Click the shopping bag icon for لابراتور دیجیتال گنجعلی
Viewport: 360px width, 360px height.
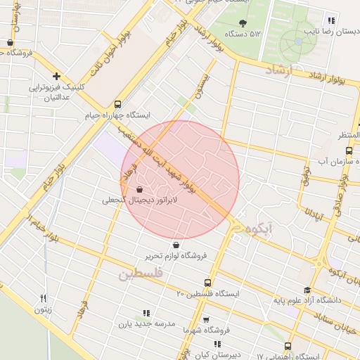(140, 189)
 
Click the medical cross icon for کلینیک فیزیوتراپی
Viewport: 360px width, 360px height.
(56, 76)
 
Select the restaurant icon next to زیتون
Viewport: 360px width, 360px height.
(43, 298)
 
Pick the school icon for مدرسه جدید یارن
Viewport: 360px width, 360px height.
(146, 313)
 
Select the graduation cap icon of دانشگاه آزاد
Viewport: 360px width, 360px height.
(307, 290)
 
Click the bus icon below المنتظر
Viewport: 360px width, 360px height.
(349, 150)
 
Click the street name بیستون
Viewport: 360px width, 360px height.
(203, 84)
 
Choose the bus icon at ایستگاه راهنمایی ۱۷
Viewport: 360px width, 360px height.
(287, 346)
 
